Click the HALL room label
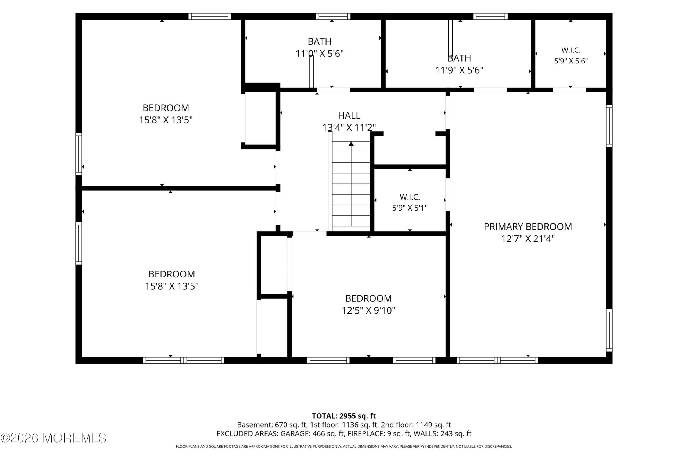tap(349, 116)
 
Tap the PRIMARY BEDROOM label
tap(528, 227)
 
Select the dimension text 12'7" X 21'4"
tap(528, 239)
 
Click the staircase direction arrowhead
tap(351, 144)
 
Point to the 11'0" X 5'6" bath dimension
tap(320, 54)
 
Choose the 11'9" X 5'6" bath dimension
tap(459, 70)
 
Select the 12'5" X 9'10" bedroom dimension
tap(368, 310)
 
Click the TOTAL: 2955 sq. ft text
tap(344, 416)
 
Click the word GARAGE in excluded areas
tap(295, 433)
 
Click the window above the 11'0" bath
tap(333, 16)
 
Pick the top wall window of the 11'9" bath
tap(490, 16)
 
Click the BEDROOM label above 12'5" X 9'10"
tap(368, 298)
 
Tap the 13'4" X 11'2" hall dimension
tap(349, 128)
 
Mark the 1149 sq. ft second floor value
tap(433, 425)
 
